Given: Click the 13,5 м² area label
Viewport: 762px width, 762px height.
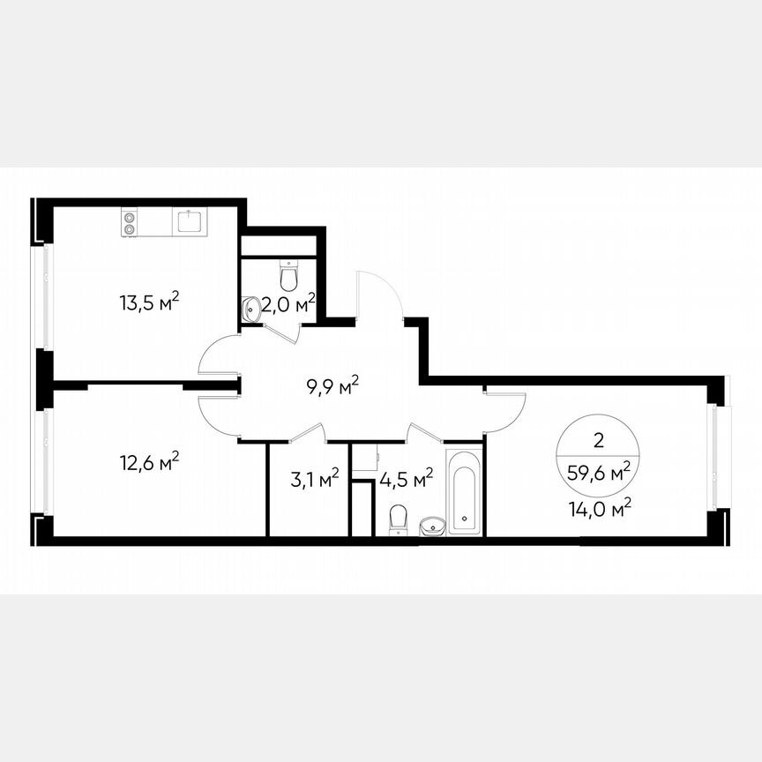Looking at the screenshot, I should click(149, 303).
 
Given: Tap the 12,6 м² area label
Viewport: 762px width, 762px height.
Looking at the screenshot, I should click(149, 460).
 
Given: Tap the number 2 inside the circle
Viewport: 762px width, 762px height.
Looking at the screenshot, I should click(600, 439).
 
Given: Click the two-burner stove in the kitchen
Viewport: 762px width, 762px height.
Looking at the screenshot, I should click(130, 222).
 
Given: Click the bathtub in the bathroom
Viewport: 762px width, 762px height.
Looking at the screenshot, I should click(464, 492).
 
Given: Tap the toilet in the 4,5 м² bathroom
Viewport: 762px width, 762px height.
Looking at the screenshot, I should click(398, 519).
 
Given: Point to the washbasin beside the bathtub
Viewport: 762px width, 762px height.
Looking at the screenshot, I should click(433, 526).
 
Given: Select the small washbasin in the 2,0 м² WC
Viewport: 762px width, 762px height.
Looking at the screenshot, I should click(250, 309).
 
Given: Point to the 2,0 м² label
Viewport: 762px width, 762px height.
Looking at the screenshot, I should click(289, 305).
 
